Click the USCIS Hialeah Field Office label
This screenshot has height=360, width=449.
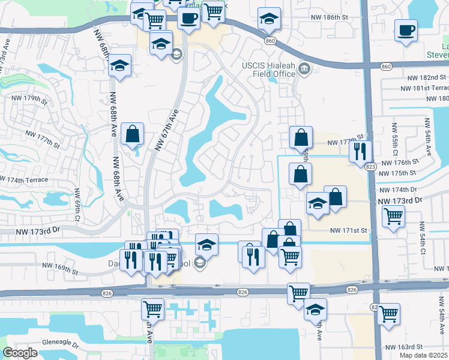268,69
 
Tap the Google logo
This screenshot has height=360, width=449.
20,352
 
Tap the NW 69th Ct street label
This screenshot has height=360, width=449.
77,205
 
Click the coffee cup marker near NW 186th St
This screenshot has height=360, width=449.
406,29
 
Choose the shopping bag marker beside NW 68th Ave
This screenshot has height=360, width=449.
132,134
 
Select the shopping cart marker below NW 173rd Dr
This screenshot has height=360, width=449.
393,215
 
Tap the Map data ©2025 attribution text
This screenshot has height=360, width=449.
423,355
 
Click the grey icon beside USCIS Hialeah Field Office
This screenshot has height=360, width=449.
304,70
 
